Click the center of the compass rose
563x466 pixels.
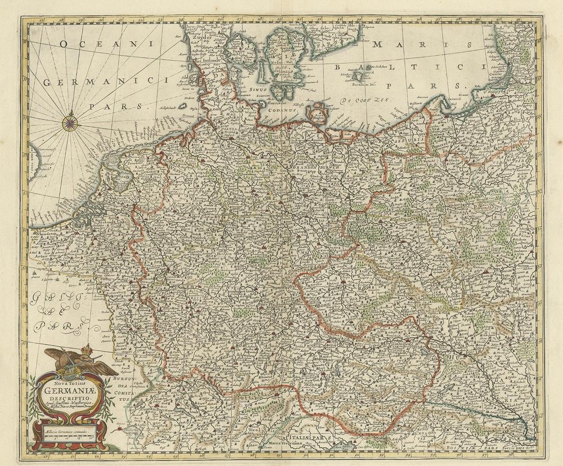click(x=70, y=122)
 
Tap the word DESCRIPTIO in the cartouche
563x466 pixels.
click(x=69, y=405)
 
